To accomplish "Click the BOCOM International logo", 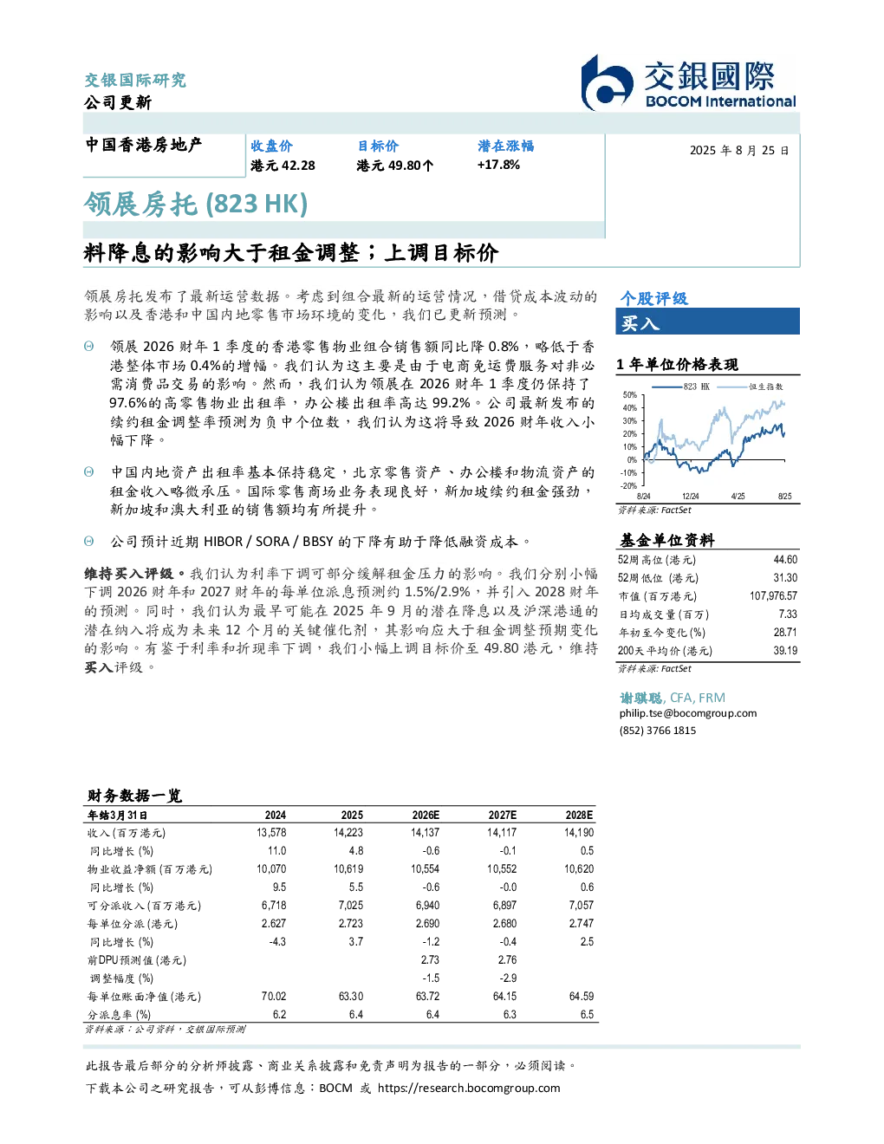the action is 688,82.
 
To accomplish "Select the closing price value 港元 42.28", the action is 283,166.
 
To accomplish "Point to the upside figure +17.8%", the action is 498,165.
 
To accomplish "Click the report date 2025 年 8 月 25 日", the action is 739,151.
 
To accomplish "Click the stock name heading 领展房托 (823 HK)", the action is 196,204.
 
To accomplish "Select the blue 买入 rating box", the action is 707,322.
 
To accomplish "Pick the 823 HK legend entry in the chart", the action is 680,387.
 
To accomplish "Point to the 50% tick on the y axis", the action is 629,395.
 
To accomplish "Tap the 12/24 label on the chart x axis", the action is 690,496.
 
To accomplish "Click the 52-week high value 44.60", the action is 785,560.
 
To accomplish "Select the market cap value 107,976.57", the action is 773,596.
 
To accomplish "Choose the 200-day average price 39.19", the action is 785,651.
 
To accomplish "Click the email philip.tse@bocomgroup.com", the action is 688,713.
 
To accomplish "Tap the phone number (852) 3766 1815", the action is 658,731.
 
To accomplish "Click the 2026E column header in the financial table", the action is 426,816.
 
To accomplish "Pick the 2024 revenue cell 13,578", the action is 271,833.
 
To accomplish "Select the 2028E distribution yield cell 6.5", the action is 587,1015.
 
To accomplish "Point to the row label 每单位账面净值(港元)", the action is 144,997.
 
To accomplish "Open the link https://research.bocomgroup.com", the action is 469,1089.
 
